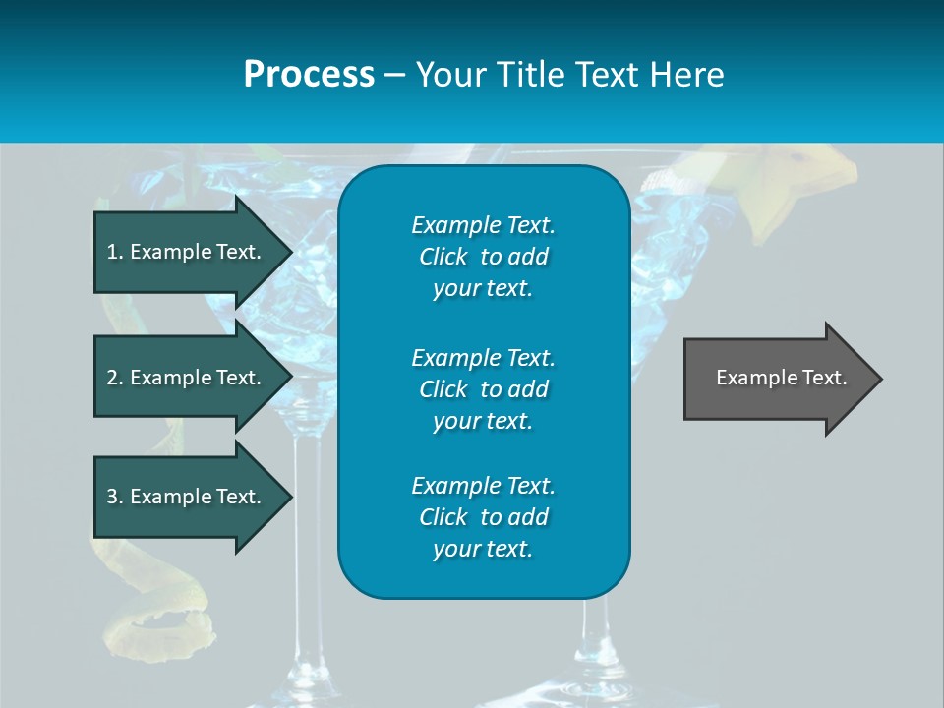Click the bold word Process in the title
tap(309, 75)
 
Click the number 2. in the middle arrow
tap(114, 378)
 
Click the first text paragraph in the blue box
tap(483, 257)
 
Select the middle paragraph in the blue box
tap(483, 389)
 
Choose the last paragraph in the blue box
tap(483, 517)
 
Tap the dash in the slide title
tap(395, 75)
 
